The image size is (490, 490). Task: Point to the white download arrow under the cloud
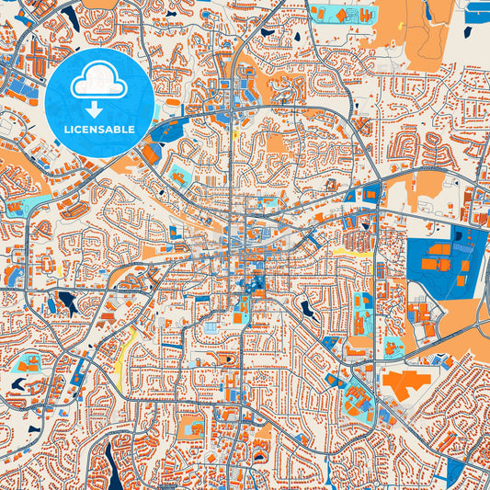click(98, 105)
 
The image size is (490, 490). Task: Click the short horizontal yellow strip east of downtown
click(345, 249)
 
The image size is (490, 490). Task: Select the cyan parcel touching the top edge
click(340, 14)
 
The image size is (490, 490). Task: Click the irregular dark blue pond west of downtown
click(67, 302)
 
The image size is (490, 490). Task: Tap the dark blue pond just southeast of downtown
click(305, 310)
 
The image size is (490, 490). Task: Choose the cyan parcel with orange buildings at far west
click(29, 363)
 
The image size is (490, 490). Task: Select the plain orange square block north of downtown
click(277, 142)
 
